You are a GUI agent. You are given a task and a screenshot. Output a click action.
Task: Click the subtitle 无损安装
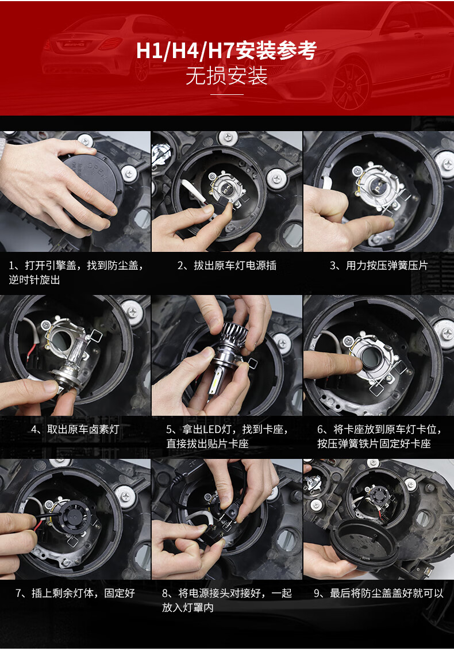pos(226,76)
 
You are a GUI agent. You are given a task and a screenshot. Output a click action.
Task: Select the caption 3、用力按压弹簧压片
pos(379,265)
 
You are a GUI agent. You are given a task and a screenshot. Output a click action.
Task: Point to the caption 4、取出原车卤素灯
pos(75,429)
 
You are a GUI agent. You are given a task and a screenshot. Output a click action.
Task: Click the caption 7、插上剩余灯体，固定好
pos(75,593)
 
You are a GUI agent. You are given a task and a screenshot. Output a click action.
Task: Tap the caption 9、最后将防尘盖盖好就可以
pos(379,593)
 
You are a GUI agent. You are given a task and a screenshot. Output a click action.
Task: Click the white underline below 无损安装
pos(226,94)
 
